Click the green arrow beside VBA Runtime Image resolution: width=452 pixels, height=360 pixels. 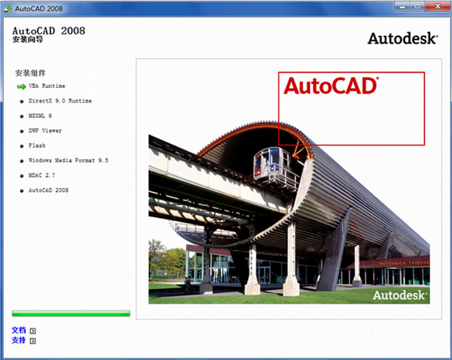click(x=21, y=86)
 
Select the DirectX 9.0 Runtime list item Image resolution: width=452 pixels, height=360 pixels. click(x=60, y=101)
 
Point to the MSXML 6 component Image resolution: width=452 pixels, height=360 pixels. click(x=40, y=115)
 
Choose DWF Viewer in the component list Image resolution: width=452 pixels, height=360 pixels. click(x=45, y=131)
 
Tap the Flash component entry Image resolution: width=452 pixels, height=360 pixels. click(x=37, y=145)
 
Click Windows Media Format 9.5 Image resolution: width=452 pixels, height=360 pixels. click(x=69, y=161)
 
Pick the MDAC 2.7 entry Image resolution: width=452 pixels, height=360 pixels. click(x=41, y=175)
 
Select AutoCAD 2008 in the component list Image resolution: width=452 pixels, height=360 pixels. click(x=48, y=190)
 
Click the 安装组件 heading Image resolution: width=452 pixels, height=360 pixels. click(x=31, y=73)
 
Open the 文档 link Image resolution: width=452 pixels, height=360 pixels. click(x=19, y=330)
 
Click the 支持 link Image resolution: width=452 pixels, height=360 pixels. click(x=19, y=340)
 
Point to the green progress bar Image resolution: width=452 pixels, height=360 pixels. click(x=71, y=313)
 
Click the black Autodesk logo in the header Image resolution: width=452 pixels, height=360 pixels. click(x=403, y=38)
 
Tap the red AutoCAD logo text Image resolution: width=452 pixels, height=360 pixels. click(x=331, y=86)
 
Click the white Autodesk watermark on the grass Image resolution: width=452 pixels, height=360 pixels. click(x=400, y=295)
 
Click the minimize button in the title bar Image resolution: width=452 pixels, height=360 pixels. click(x=402, y=6)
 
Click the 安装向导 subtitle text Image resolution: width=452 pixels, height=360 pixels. click(x=27, y=40)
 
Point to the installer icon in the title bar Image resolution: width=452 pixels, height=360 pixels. click(x=8, y=8)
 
